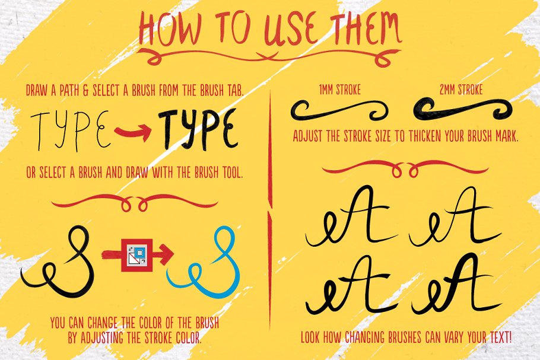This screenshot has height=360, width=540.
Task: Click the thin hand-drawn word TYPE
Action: [71, 131]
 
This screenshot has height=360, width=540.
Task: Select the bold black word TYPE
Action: [199, 130]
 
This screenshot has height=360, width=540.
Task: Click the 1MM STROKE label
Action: [340, 90]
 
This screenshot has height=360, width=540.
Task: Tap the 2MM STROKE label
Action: [461, 90]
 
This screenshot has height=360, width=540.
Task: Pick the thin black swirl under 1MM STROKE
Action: [339, 111]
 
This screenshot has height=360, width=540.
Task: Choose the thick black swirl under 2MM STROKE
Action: [462, 110]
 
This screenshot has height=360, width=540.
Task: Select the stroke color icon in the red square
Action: [137, 255]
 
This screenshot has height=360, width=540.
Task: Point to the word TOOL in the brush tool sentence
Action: [233, 173]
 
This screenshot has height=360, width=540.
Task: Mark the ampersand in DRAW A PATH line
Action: [86, 91]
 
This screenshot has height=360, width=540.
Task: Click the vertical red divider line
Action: [270, 210]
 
